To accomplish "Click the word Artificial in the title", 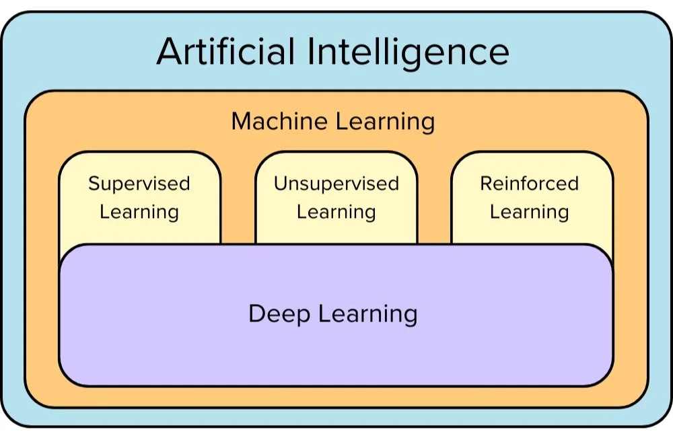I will [x=226, y=52].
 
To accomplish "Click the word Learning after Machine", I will [x=385, y=122].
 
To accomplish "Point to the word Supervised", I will [x=139, y=184].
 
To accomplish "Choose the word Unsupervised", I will [x=336, y=184].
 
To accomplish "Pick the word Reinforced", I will [x=529, y=184].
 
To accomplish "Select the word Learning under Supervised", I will [x=139, y=212].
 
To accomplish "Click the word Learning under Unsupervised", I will [x=336, y=212].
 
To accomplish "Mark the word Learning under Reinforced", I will [x=529, y=212].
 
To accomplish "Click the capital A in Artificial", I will [x=171, y=52].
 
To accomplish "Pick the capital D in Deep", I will [x=256, y=313].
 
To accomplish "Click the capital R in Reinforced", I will [x=486, y=184].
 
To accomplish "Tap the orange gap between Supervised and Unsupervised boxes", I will [x=238, y=202].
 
